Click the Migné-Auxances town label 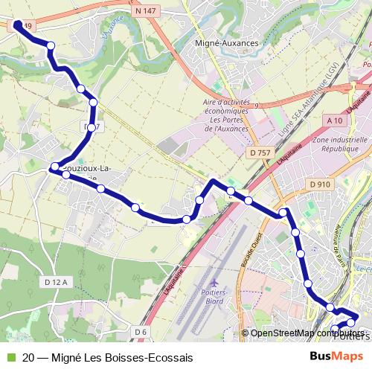point(226,43)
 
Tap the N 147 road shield point(147,13)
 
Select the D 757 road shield point(260,153)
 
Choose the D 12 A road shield point(56,282)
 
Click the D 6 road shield point(141,331)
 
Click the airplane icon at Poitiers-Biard point(215,283)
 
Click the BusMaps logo point(336,357)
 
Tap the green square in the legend point(10,358)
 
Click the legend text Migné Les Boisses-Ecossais point(108,358)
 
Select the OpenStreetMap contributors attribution point(305,333)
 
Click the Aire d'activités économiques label point(232,115)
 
